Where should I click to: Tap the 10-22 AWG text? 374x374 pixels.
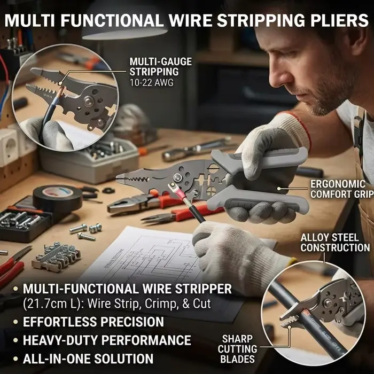tap(151, 82)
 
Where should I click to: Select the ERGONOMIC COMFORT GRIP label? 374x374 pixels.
tap(341, 189)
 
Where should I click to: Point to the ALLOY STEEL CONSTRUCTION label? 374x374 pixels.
tap(335, 243)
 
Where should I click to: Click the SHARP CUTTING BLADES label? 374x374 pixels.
tap(237, 349)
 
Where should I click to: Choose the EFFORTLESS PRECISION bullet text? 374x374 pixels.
tap(93, 322)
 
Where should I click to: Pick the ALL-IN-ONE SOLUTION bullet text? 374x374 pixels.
tap(88, 359)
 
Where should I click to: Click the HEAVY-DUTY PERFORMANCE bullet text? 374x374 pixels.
tap(107, 340)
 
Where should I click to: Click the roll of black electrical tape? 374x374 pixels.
tap(58, 196)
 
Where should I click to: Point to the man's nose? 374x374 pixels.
tap(276, 76)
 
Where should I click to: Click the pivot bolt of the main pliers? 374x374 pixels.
tap(177, 177)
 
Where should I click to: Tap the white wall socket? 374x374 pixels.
tap(9, 146)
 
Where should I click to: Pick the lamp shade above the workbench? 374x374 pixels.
tap(124, 22)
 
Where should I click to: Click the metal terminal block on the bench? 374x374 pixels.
tap(57, 257)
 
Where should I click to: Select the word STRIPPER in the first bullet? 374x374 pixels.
tap(203, 289)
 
